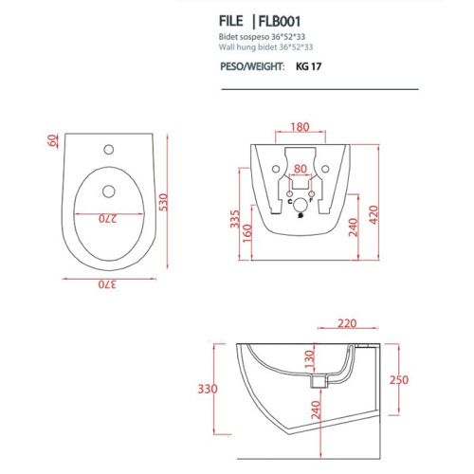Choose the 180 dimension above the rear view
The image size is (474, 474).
pyautogui.click(x=299, y=125)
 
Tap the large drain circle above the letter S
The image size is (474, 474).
pyautogui.click(x=300, y=205)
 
